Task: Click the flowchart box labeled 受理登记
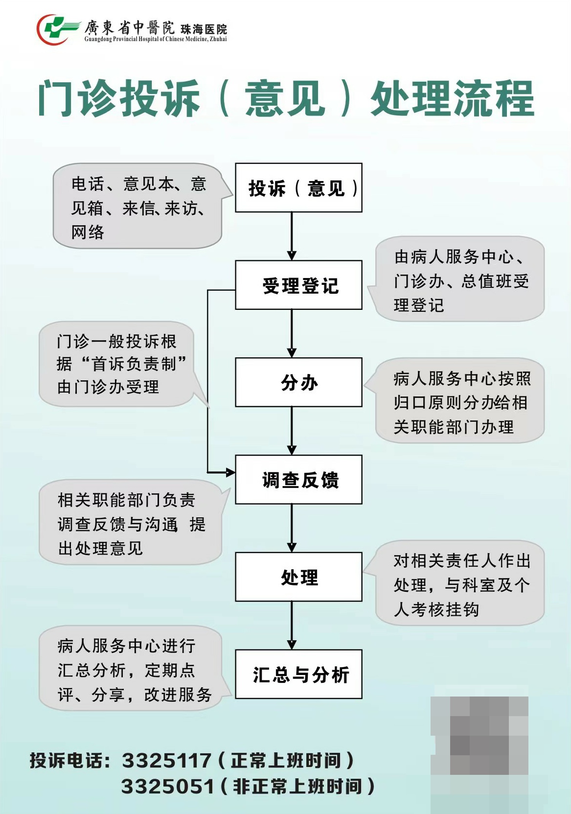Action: [298, 285]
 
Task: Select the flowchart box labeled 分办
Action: [298, 382]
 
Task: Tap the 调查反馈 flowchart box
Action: [298, 480]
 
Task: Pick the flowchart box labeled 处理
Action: [298, 577]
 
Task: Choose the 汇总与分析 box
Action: [298, 674]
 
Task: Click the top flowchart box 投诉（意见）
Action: [298, 188]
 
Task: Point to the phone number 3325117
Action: [166, 761]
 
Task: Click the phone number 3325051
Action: [167, 787]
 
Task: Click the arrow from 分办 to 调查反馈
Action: [292, 431]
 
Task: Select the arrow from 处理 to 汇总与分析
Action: [292, 626]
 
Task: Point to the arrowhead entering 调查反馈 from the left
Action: [229, 472]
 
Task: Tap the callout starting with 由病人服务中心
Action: [460, 280]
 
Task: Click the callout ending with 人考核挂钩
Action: [460, 584]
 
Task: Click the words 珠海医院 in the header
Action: [204, 29]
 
